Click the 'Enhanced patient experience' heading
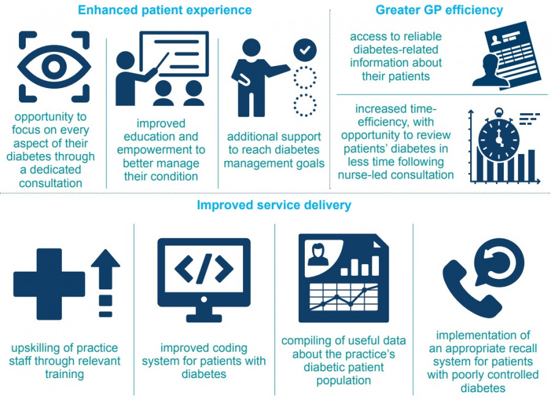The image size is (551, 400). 165,10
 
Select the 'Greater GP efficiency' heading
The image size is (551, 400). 439,10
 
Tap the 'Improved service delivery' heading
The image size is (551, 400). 274,205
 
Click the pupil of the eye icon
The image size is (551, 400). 54,67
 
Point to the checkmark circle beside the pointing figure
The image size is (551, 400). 305,50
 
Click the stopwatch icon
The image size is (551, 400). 498,135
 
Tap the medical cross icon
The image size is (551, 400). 49,284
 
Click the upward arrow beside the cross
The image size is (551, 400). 105,283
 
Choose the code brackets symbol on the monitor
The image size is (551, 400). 204,269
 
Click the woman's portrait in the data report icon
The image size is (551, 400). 318,255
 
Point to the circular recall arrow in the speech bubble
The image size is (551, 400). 499,262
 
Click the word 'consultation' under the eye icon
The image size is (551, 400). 51,183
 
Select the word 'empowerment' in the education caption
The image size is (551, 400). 161,150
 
